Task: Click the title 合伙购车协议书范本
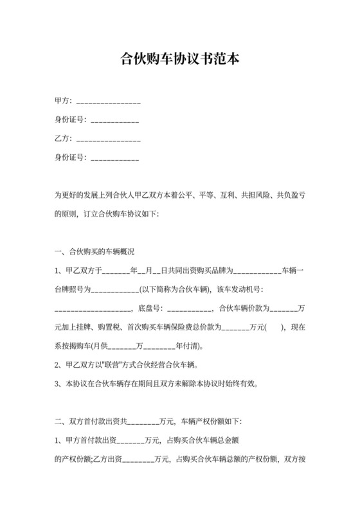click(180, 60)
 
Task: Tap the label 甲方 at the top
click(62, 101)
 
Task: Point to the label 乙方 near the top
click(62, 138)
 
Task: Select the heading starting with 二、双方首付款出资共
click(148, 422)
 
